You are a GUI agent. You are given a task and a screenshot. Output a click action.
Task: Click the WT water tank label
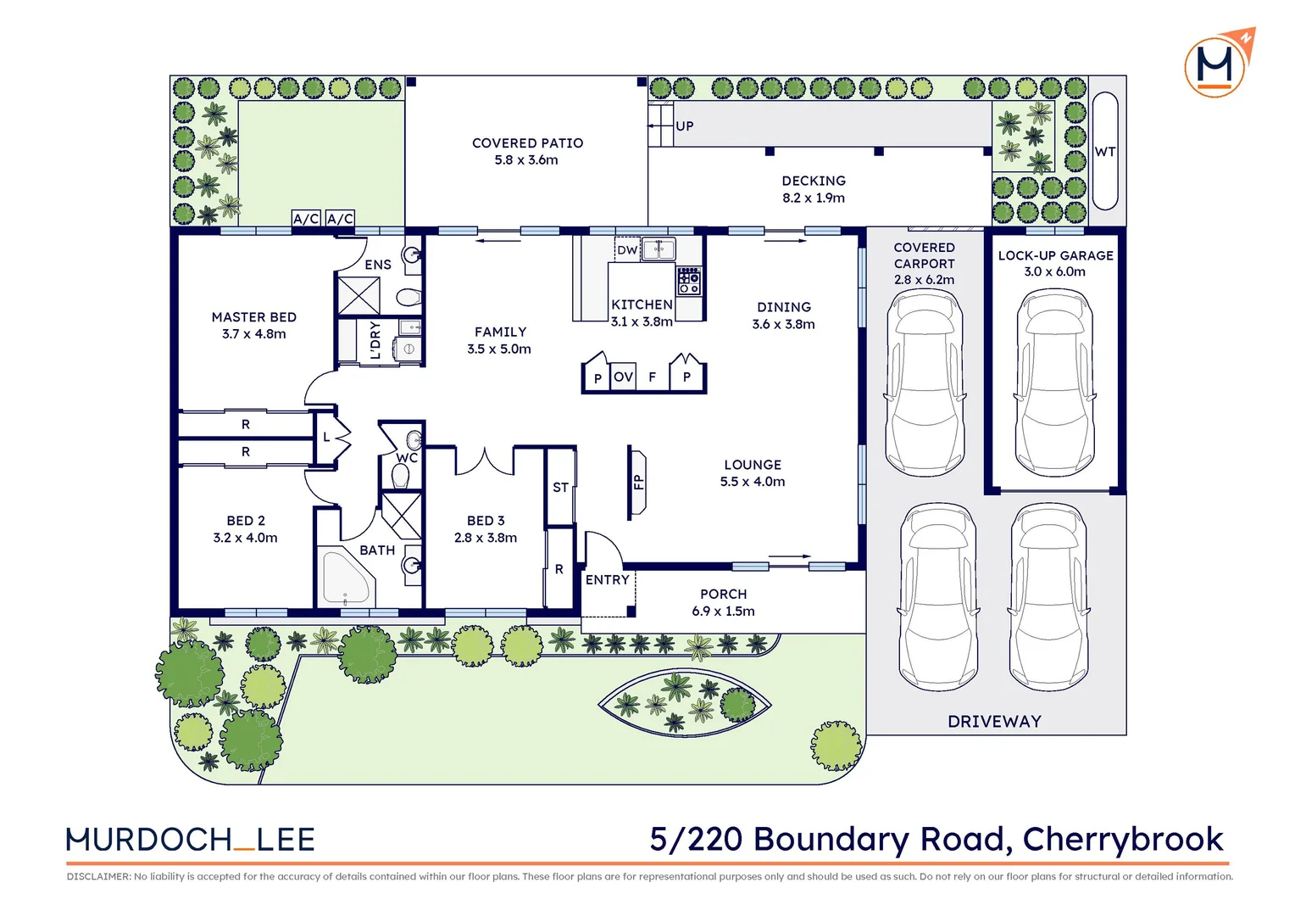[1105, 152]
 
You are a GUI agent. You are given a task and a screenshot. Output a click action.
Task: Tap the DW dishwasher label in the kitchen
[626, 250]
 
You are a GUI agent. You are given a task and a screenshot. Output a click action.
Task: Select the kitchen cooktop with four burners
[689, 281]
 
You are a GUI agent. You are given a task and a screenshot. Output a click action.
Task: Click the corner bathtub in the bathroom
[345, 578]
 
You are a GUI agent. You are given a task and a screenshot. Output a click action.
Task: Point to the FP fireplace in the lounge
[637, 483]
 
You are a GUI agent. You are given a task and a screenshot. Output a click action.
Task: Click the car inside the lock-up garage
[1054, 383]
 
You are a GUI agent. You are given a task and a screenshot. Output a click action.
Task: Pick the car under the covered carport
[925, 383]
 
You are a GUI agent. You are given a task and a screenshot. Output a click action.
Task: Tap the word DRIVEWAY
[994, 721]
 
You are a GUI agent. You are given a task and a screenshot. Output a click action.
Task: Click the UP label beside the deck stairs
[685, 126]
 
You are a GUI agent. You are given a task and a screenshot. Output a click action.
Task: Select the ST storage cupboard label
[560, 487]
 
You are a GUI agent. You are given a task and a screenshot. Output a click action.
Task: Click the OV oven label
[623, 377]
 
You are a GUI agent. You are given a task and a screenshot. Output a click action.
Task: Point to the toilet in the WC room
[400, 478]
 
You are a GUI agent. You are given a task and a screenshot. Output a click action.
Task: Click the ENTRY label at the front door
[607, 579]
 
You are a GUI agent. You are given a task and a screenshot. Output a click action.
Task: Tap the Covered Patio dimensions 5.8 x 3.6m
[526, 159]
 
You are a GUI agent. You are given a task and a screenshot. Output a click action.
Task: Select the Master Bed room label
[253, 316]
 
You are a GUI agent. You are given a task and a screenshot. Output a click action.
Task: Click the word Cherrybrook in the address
[1123, 839]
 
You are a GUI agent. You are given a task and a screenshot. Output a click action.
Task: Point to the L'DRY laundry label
[375, 340]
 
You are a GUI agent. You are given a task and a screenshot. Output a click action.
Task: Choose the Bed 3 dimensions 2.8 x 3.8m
[485, 538]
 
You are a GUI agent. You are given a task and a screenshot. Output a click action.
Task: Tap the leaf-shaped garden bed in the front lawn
[685, 702]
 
